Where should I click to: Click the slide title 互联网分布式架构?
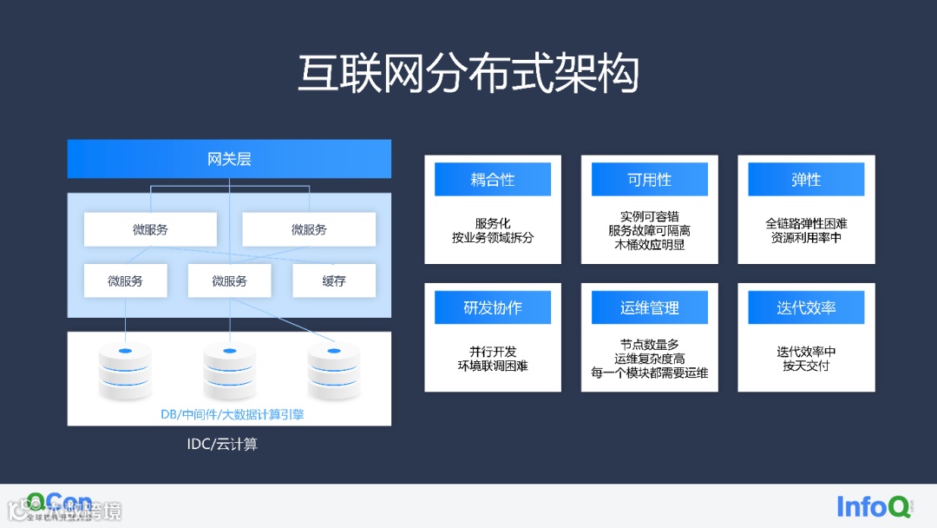pyautogui.click(x=468, y=73)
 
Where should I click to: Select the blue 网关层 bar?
pyautogui.click(x=229, y=159)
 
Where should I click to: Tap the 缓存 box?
pyautogui.click(x=334, y=280)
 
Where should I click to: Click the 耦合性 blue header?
pyautogui.click(x=492, y=180)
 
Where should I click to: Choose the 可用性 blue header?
pyautogui.click(x=649, y=180)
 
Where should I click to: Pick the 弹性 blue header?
pyautogui.click(x=806, y=180)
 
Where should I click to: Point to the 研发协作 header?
pyautogui.click(x=492, y=307)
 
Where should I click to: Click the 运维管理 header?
pyautogui.click(x=649, y=307)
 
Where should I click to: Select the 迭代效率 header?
pyautogui.click(x=806, y=307)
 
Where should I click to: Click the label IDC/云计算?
pyautogui.click(x=222, y=445)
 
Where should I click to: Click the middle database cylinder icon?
pyautogui.click(x=229, y=370)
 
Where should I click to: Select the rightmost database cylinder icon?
pyautogui.click(x=334, y=370)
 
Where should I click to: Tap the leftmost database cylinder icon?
pyautogui.click(x=125, y=370)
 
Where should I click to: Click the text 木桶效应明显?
pyautogui.click(x=649, y=245)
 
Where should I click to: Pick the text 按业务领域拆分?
pyautogui.click(x=492, y=237)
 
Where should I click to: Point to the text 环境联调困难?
pyautogui.click(x=492, y=366)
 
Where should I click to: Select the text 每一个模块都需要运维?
pyautogui.click(x=649, y=373)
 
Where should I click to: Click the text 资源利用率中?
pyautogui.click(x=806, y=237)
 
